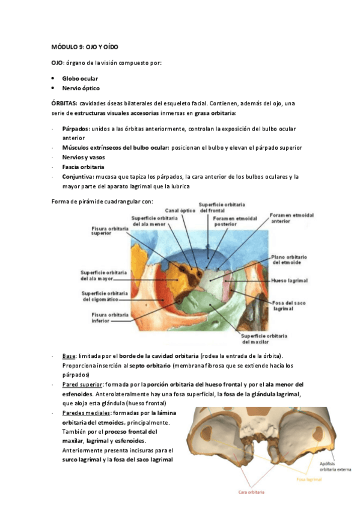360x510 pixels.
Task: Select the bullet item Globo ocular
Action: point(80,79)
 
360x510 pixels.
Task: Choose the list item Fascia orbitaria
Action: point(83,167)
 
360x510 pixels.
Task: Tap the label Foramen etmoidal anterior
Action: point(291,218)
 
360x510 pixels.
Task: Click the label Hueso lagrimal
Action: point(290,280)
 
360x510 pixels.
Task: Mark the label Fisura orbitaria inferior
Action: point(109,318)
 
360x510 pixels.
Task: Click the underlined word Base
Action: point(69,356)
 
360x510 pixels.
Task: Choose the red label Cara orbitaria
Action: point(251,491)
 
